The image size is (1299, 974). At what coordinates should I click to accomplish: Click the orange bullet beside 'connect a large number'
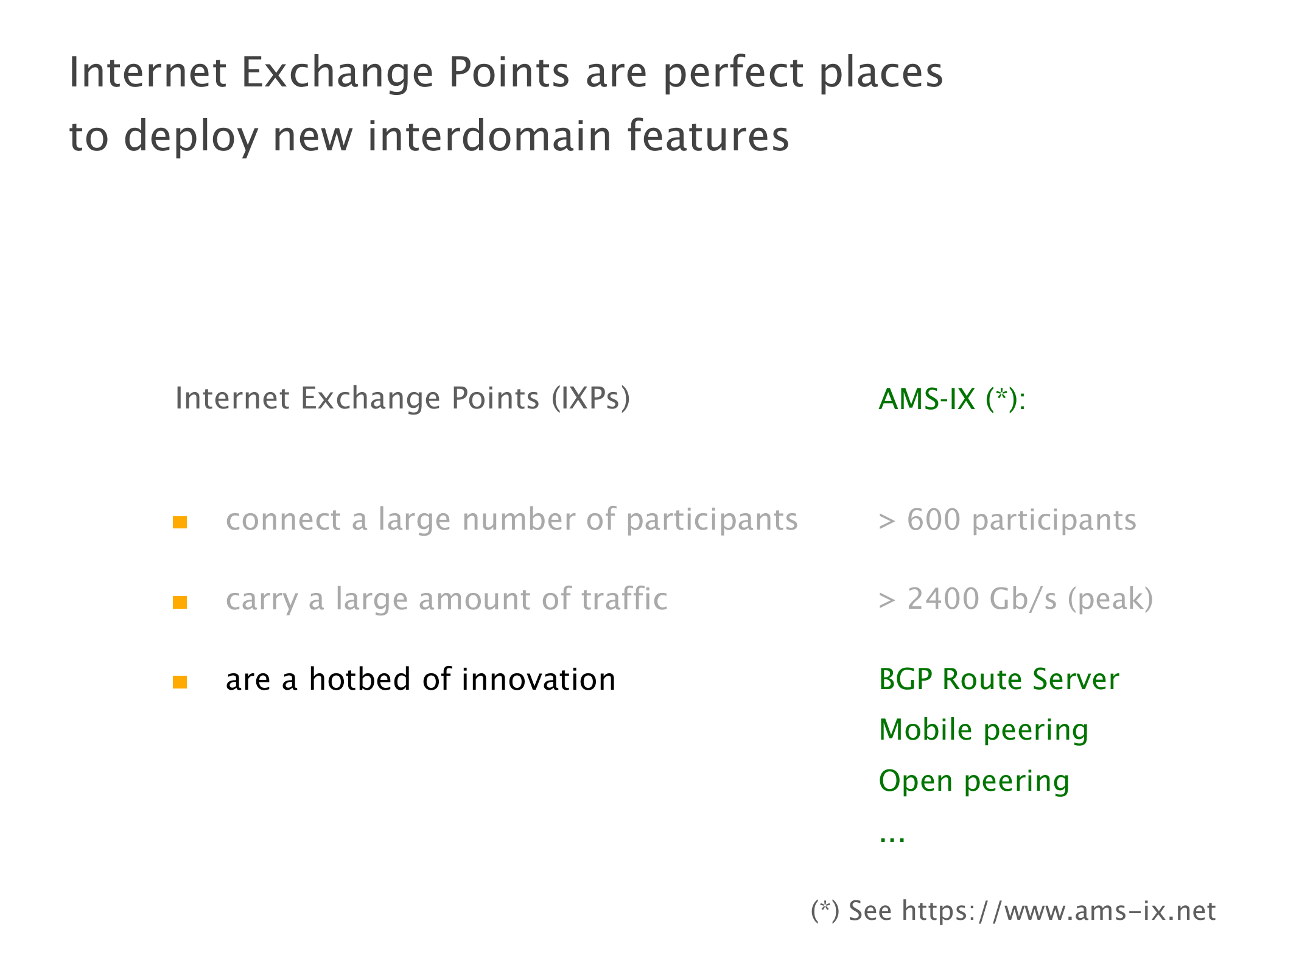[x=180, y=522]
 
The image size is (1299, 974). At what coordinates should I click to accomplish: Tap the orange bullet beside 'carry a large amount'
[x=180, y=602]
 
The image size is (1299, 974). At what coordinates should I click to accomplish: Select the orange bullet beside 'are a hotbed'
[x=180, y=682]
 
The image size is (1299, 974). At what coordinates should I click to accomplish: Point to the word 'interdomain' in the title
[x=490, y=135]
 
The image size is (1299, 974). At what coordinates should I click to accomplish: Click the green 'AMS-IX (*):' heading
[x=952, y=400]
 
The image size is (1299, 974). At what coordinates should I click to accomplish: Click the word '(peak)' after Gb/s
[x=1110, y=600]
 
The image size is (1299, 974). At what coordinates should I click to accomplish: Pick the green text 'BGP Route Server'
[x=999, y=679]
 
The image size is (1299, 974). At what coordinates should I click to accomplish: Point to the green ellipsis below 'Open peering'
[x=892, y=839]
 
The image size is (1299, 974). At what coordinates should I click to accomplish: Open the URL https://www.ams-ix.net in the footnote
[x=1059, y=911]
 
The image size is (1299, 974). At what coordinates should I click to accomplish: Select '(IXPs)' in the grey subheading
[x=590, y=399]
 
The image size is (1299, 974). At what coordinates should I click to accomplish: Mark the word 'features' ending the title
[x=708, y=135]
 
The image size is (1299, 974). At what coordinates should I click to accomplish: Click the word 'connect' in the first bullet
[x=283, y=520]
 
